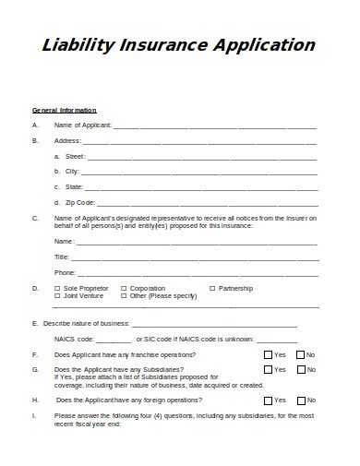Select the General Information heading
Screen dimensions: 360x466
(x=64, y=111)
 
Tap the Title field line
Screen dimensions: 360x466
(x=195, y=257)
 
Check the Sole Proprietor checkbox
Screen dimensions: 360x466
(x=57, y=288)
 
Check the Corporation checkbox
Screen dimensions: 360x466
(x=124, y=288)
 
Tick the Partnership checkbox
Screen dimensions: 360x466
(x=212, y=288)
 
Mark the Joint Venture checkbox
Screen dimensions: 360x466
(x=57, y=296)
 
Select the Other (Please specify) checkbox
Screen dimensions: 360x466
(x=124, y=296)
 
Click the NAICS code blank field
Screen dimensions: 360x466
(x=114, y=340)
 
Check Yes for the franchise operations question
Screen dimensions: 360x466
(x=268, y=355)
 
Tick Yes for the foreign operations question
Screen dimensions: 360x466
(x=268, y=400)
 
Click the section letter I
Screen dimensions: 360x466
(x=33, y=416)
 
